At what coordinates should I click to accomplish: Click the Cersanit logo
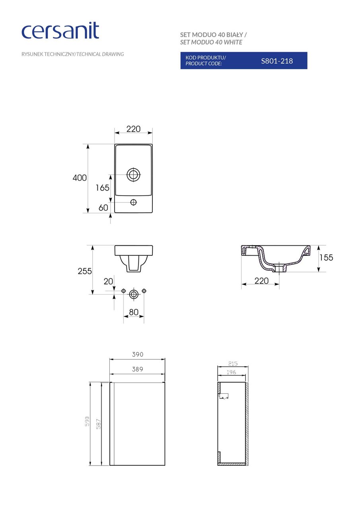pyautogui.click(x=60, y=31)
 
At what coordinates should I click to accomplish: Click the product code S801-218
pyautogui.click(x=276, y=61)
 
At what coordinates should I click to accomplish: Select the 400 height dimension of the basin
pyautogui.click(x=80, y=178)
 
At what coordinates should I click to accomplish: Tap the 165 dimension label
pyautogui.click(x=102, y=188)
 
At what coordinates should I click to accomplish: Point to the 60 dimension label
pyautogui.click(x=103, y=208)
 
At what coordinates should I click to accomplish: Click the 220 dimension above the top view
pyautogui.click(x=134, y=129)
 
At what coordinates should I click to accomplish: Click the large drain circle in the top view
pyautogui.click(x=134, y=174)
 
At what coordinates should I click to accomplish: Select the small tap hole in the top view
pyautogui.click(x=134, y=202)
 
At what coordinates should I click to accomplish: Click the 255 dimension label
pyautogui.click(x=84, y=271)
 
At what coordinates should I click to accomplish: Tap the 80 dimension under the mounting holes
pyautogui.click(x=134, y=312)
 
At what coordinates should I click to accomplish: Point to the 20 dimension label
pyautogui.click(x=108, y=282)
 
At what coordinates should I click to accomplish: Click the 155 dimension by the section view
pyautogui.click(x=326, y=258)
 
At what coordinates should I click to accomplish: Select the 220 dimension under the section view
pyautogui.click(x=261, y=281)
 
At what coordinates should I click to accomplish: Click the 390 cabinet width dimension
pyautogui.click(x=138, y=354)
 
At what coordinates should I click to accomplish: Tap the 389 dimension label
pyautogui.click(x=137, y=369)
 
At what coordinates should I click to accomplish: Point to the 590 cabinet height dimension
pyautogui.click(x=87, y=422)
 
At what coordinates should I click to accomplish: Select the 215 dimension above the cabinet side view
pyautogui.click(x=233, y=363)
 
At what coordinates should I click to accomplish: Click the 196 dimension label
pyautogui.click(x=231, y=372)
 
